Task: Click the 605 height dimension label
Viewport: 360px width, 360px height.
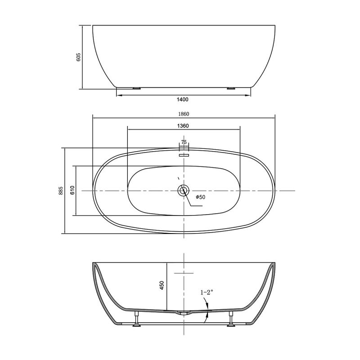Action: pos(79,57)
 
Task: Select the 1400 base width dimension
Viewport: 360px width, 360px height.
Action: pos(183,99)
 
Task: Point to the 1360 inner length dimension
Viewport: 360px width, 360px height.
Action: pos(183,126)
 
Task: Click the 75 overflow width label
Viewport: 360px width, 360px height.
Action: pos(184,142)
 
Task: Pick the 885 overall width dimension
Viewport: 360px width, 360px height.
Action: pos(60,191)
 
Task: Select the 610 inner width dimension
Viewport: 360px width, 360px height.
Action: pos(72,191)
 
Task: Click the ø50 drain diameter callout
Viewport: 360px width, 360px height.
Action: pos(200,197)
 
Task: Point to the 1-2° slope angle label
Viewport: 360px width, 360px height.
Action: pos(207,292)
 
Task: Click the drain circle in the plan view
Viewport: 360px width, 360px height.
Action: pos(183,191)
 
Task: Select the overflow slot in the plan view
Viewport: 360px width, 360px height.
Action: pos(184,154)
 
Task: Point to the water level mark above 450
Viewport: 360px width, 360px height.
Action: pos(184,273)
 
